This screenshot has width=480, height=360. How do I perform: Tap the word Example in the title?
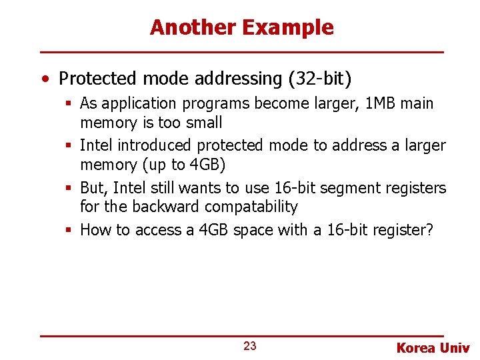(288, 27)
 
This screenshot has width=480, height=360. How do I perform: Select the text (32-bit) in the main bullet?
(320, 79)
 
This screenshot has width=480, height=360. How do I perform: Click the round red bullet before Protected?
(43, 79)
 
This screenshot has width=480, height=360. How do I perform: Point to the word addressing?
(239, 79)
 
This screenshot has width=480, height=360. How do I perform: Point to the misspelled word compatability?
(251, 207)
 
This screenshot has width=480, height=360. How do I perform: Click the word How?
(95, 231)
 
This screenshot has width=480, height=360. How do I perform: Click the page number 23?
(250, 346)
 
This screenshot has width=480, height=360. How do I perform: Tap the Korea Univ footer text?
(433, 347)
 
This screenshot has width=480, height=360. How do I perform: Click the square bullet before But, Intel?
(68, 189)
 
